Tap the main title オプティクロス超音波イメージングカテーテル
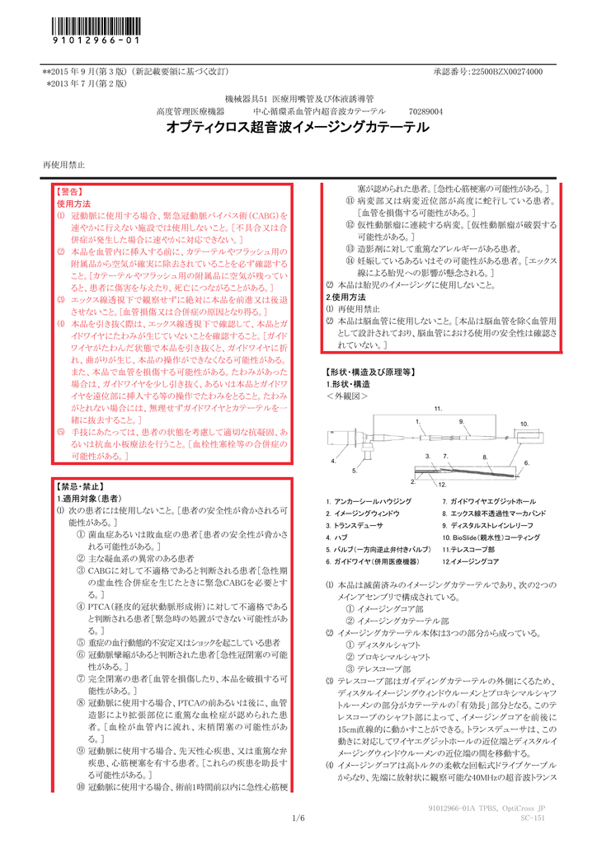[x=298, y=128]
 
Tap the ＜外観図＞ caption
[x=346, y=396]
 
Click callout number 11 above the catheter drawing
[x=437, y=409]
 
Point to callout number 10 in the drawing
[x=524, y=423]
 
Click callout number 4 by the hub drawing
[x=333, y=461]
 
